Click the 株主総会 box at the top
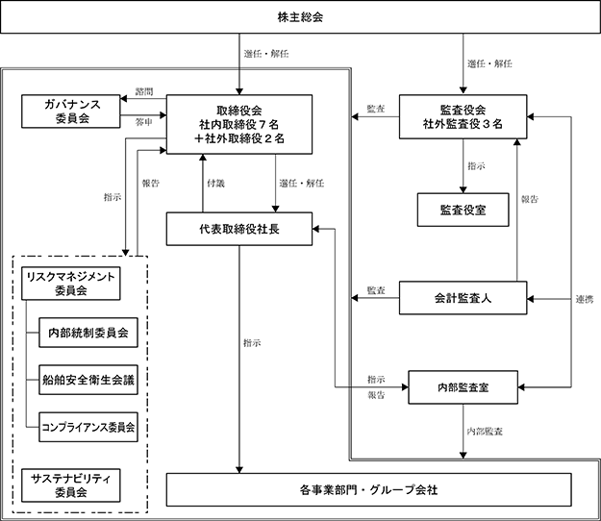pos(300,17)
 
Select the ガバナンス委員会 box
pos(71,112)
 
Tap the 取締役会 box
pos(239,125)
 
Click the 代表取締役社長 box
pos(239,229)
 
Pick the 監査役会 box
pos(463,117)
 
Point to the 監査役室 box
pos(463,210)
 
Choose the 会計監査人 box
pos(463,298)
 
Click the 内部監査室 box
pos(463,387)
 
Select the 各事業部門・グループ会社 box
pos(368,489)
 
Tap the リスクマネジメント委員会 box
pos(71,284)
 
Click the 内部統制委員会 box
pos(88,333)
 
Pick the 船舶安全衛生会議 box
pos(88,380)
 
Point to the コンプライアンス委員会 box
pos(88,427)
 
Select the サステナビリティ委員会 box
pos(71,485)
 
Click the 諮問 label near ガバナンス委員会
pos(144,91)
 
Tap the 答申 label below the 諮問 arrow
pos(144,122)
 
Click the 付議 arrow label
pos(215,183)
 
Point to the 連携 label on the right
pos(585,299)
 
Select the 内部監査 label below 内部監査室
pos(485,432)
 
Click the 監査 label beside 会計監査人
pos(376,290)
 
